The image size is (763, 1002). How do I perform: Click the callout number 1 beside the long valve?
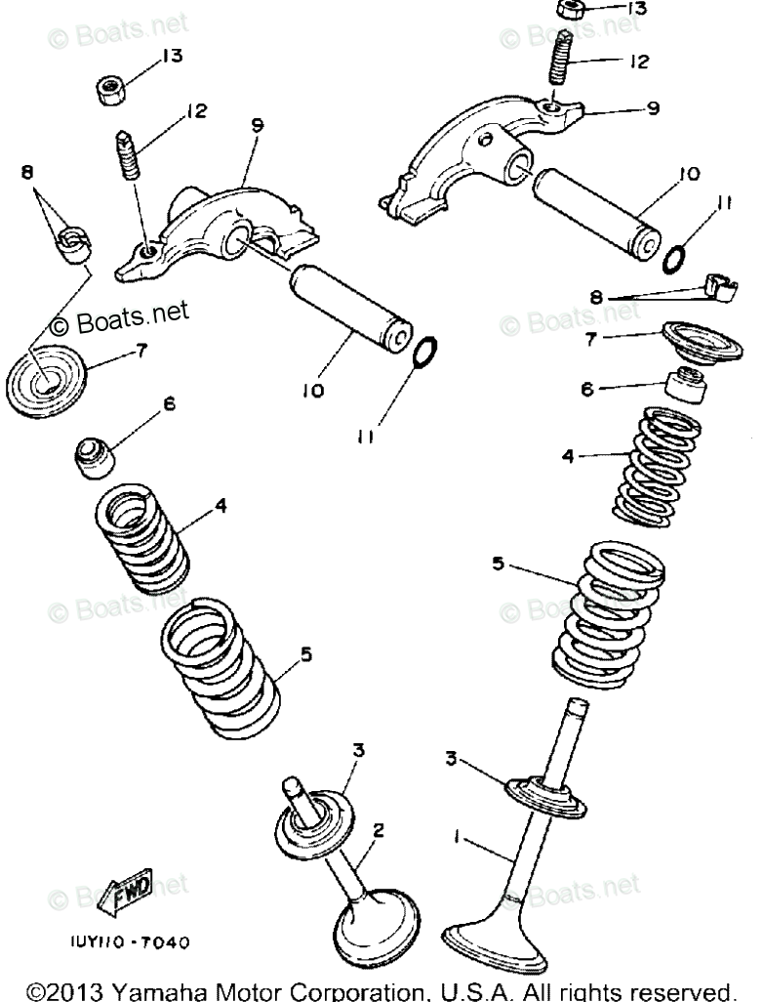pyautogui.click(x=456, y=836)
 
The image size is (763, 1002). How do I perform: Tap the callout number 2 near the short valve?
pyautogui.click(x=379, y=830)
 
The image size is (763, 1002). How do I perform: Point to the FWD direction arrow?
pyautogui.click(x=131, y=891)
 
